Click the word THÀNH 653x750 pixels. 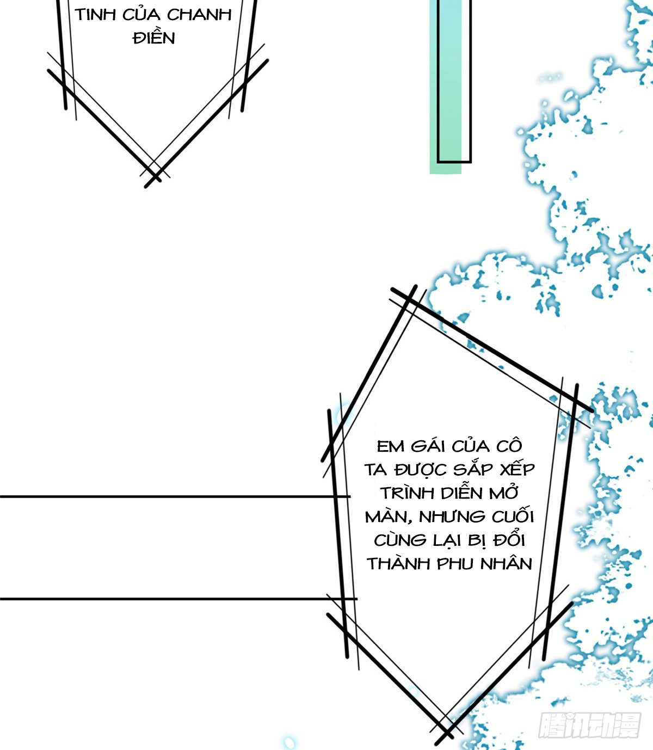pyautogui.click(x=398, y=563)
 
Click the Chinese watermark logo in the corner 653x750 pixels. pyautogui.click(x=590, y=724)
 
